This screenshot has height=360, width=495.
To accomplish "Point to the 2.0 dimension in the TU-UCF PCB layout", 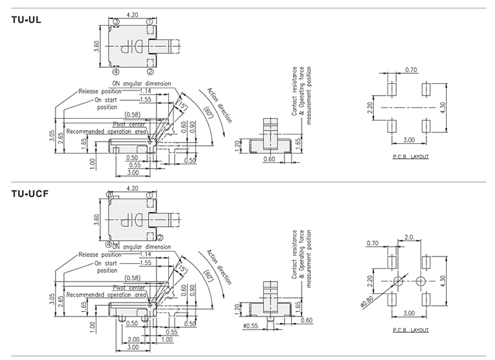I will [409, 236].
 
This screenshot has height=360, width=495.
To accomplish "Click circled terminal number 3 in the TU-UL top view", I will [115, 22].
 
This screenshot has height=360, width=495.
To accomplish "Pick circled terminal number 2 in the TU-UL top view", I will [150, 71].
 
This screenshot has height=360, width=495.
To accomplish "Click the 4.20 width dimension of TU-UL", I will [132, 13].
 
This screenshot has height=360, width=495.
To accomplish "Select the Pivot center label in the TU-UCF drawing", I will [129, 287].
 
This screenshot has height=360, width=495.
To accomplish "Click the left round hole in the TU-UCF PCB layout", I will [398, 282].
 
